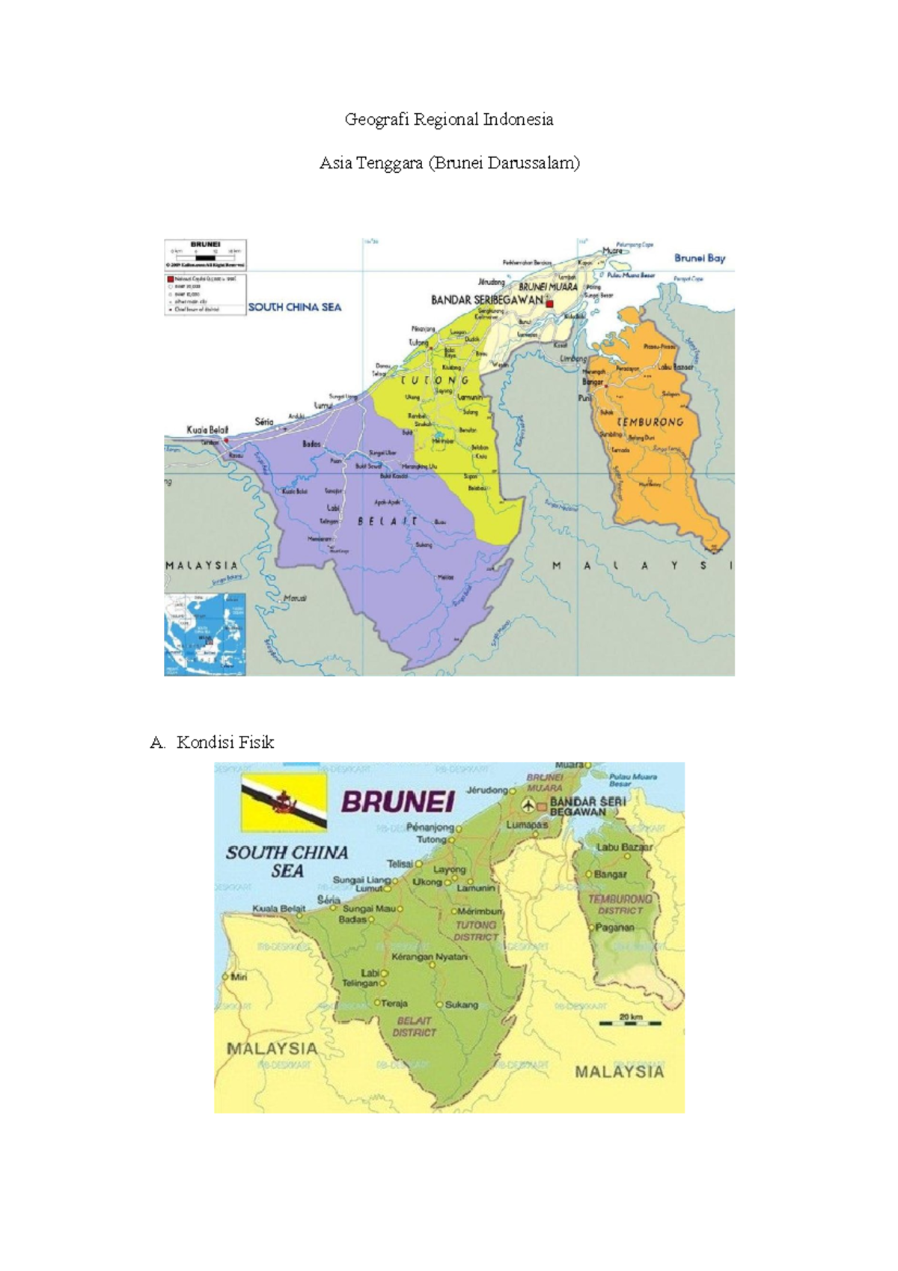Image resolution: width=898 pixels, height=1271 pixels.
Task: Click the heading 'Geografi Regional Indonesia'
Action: (449, 119)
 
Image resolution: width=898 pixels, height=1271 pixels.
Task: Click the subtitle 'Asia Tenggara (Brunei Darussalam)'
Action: (449, 162)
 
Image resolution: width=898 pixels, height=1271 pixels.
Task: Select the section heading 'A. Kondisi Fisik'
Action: (213, 742)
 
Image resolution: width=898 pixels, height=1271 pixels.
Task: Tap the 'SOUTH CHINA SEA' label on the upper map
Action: (295, 307)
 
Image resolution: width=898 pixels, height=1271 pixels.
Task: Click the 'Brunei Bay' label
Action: (700, 258)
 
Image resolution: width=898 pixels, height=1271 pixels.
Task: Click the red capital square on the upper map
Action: (549, 304)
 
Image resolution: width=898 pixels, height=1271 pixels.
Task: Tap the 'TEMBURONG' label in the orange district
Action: (650, 422)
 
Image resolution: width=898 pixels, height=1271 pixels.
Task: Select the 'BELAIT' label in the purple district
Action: (388, 521)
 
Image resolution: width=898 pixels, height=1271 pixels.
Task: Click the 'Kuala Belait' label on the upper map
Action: (207, 430)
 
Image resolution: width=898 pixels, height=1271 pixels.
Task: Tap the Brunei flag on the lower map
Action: (284, 802)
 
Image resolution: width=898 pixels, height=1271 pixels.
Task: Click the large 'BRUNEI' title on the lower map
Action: (398, 802)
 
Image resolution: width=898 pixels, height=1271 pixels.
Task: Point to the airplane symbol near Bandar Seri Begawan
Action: (529, 805)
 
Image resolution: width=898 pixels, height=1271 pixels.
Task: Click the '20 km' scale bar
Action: (631, 1021)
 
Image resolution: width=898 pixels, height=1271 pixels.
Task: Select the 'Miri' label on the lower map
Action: (239, 977)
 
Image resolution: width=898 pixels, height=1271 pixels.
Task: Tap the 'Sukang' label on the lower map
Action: (461, 1005)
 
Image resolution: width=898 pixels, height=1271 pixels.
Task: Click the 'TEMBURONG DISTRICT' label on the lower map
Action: (620, 904)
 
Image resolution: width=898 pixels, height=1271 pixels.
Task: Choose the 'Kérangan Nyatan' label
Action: (430, 957)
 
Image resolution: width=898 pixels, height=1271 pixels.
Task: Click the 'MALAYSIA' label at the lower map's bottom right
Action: (619, 1071)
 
